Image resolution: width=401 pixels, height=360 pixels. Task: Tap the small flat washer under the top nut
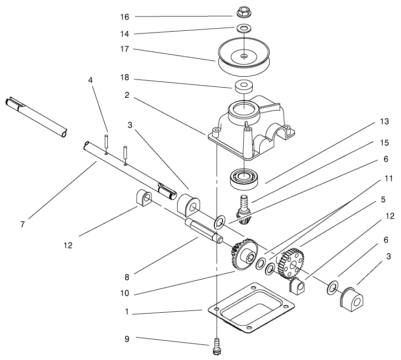[244, 29]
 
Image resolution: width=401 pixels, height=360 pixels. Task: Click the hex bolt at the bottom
[216, 347]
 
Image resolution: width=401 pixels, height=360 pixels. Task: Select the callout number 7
[22, 224]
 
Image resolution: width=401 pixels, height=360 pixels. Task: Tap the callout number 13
[384, 122]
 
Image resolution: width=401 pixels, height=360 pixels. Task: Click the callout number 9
[127, 339]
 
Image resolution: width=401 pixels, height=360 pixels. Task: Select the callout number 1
[127, 311]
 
